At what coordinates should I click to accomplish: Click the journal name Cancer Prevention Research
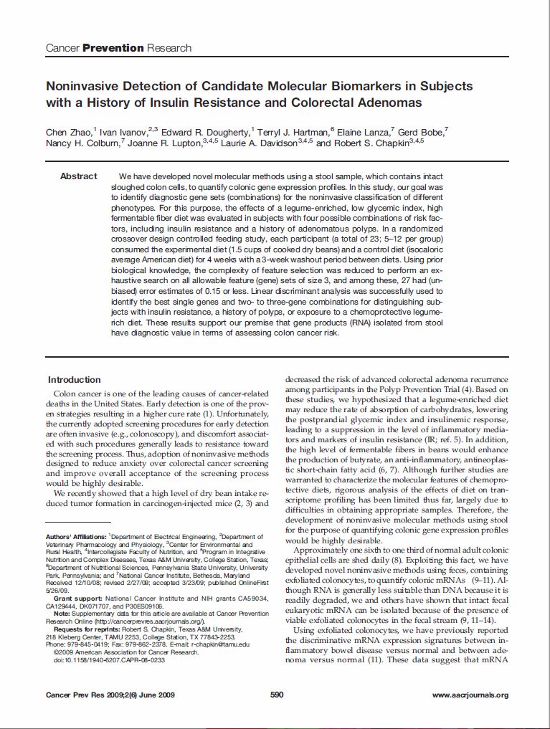(x=118, y=48)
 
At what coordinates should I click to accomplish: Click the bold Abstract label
(x=78, y=176)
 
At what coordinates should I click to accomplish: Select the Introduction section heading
(x=74, y=380)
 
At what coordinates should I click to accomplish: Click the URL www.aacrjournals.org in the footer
(x=470, y=695)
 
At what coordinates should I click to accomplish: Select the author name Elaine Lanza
(x=364, y=132)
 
